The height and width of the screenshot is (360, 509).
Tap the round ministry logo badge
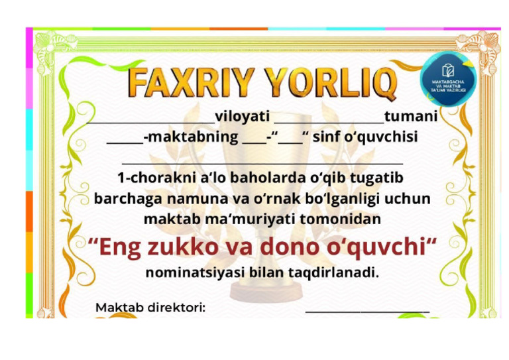(x=448, y=78)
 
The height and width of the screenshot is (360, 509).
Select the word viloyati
(x=242, y=117)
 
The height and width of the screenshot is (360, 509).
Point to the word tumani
(x=411, y=117)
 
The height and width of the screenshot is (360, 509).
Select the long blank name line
(x=263, y=162)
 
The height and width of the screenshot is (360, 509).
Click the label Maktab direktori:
(x=150, y=308)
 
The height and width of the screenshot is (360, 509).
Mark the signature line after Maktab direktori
(x=367, y=310)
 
